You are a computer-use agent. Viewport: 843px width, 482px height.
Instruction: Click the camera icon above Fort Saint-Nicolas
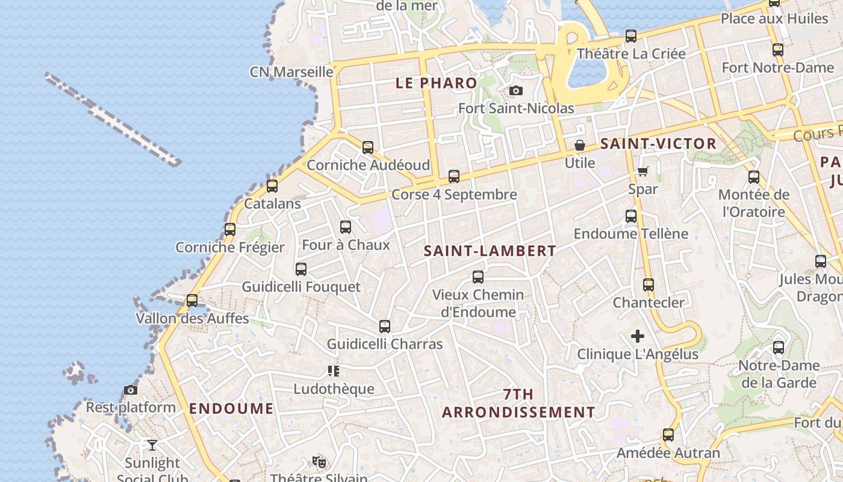click(516, 91)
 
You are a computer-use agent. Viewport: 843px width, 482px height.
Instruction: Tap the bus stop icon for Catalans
click(272, 186)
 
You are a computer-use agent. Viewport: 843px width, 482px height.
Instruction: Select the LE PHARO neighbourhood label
click(436, 83)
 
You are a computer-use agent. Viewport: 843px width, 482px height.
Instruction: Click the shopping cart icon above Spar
click(642, 172)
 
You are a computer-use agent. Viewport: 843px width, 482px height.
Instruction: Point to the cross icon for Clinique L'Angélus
click(638, 336)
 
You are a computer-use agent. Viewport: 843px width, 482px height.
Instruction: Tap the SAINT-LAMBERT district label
click(490, 251)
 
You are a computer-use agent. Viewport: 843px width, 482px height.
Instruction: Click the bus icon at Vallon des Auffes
click(192, 300)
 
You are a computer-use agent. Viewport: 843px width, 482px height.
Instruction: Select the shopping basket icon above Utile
click(580, 145)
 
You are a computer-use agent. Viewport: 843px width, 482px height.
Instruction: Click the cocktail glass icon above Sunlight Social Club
click(152, 445)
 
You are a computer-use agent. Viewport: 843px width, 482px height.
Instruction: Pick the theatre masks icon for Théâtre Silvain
click(319, 462)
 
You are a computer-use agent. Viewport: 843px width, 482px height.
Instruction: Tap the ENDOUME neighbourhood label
click(231, 408)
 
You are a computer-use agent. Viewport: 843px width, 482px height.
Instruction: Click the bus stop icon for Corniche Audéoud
click(368, 147)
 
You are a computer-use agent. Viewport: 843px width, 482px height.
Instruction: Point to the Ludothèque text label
click(334, 389)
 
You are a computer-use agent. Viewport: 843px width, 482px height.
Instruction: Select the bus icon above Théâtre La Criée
click(631, 36)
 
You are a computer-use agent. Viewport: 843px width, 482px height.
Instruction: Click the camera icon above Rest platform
click(131, 390)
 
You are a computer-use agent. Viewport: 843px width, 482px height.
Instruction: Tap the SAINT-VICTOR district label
click(658, 144)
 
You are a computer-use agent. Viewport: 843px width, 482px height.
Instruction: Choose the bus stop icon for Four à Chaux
click(346, 227)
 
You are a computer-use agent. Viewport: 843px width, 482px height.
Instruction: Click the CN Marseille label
click(291, 72)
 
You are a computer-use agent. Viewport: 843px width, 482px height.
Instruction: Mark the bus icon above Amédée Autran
click(668, 435)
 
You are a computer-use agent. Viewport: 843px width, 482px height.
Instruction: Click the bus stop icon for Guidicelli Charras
click(385, 327)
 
